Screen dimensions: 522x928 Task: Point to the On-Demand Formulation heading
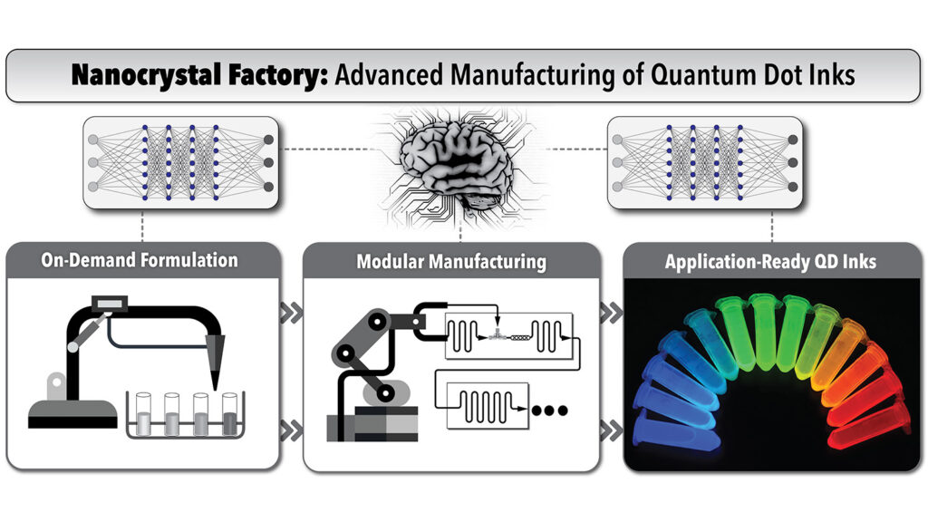pos(140,261)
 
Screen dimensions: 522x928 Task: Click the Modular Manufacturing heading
pos(451,262)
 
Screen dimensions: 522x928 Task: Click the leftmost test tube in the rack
pos(144,413)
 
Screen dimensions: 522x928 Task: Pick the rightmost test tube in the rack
pos(230,413)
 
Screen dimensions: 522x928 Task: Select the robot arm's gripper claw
pos(426,318)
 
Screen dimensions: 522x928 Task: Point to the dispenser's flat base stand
pos(72,415)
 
